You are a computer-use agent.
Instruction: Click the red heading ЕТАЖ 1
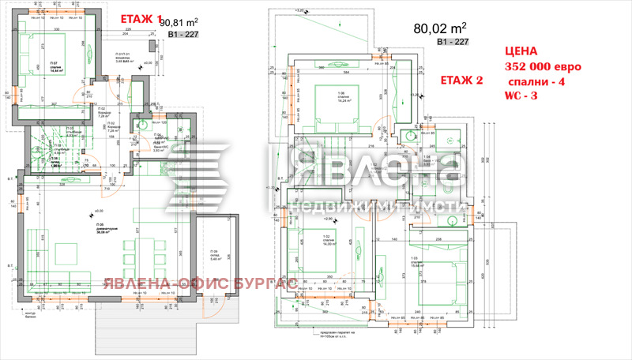(x=140, y=19)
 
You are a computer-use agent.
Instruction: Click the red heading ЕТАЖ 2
(x=463, y=81)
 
